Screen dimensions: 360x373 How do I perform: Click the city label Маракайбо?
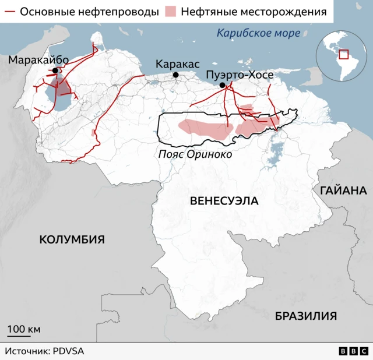click(38, 61)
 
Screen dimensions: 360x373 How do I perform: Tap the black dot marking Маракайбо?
click(55, 71)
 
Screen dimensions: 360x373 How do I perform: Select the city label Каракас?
click(178, 63)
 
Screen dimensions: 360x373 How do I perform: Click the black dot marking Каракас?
click(175, 75)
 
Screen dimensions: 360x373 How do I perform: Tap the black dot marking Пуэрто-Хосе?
click(222, 86)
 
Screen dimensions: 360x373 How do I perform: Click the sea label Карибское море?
click(259, 33)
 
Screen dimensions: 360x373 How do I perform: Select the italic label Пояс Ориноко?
click(195, 154)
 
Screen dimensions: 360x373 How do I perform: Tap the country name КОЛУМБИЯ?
click(72, 239)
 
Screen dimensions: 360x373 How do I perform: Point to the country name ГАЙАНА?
click(343, 190)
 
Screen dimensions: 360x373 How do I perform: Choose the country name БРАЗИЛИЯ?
click(306, 316)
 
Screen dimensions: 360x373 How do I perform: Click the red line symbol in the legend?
click(10, 12)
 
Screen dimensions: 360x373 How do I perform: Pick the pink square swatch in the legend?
click(172, 12)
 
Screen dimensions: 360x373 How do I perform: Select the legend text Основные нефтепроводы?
click(89, 12)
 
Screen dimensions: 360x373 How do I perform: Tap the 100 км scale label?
click(23, 330)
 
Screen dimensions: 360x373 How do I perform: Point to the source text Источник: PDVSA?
click(45, 351)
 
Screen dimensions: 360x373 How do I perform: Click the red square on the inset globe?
click(343, 54)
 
